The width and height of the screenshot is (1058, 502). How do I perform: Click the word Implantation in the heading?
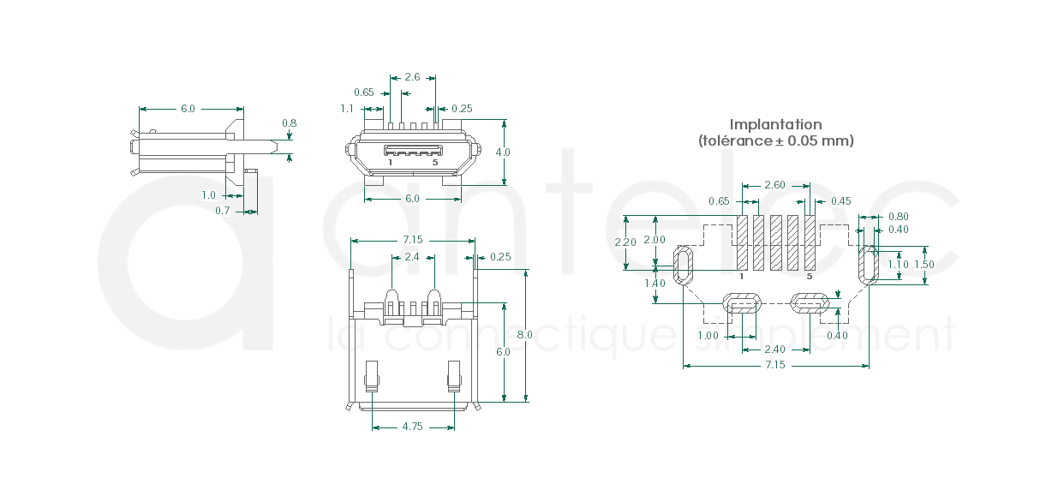775,125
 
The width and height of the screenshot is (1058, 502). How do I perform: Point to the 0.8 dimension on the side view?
289,123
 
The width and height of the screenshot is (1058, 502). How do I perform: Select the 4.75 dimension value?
412,427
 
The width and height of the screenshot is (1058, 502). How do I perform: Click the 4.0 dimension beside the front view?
503,152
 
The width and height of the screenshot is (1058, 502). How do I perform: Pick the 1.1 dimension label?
347,109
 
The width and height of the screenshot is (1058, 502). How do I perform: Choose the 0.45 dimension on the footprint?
840,201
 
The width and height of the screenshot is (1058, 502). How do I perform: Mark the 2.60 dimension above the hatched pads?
774,185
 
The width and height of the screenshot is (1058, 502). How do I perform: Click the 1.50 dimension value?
924,265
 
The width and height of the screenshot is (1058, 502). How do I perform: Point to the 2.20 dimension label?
625,242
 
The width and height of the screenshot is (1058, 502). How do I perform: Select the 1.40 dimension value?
655,284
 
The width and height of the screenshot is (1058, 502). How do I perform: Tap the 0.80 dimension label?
899,217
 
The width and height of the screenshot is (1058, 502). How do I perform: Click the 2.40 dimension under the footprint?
774,350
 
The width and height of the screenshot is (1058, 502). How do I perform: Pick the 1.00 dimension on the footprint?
708,336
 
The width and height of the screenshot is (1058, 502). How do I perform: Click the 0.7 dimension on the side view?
223,211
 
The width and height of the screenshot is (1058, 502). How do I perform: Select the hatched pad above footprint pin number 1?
742,242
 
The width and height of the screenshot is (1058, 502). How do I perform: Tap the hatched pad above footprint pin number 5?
810,242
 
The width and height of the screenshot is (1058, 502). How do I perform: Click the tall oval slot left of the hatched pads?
684,265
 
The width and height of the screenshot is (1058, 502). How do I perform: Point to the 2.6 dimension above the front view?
412,77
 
